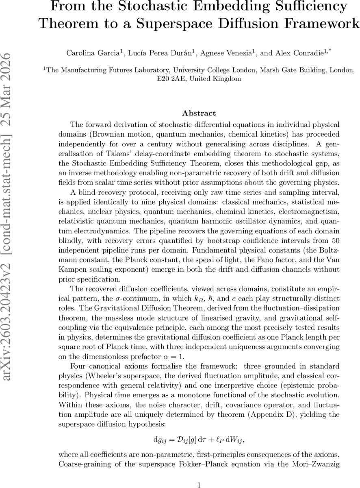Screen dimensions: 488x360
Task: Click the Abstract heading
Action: pos(199,113)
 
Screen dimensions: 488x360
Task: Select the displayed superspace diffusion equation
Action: pos(199,439)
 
